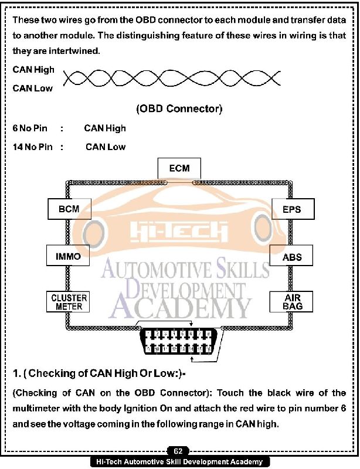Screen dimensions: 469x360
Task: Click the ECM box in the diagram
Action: click(179, 168)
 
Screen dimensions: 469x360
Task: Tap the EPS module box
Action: click(292, 208)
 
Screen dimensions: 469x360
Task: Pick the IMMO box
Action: click(67, 256)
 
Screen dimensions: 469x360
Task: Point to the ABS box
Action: click(292, 256)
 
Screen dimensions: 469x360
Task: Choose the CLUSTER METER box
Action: click(69, 302)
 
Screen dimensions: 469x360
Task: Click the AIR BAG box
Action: click(292, 302)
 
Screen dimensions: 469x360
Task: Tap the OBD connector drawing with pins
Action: click(179, 344)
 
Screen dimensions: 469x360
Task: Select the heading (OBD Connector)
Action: click(179, 109)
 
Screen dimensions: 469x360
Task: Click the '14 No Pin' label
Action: click(32, 147)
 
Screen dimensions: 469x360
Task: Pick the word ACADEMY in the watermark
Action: click(179, 306)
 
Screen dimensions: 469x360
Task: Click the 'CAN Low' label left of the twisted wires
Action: click(32, 89)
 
